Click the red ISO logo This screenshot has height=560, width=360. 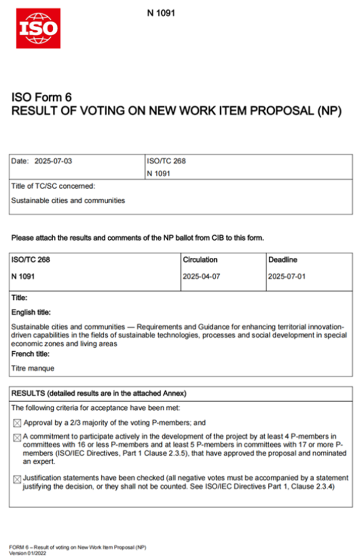[x=38, y=28]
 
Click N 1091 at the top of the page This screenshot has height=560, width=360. [x=161, y=13]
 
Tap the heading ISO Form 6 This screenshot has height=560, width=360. [x=41, y=97]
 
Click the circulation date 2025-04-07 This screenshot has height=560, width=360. [x=201, y=277]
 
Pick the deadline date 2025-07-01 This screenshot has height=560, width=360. [x=287, y=277]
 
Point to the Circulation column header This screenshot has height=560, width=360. [x=200, y=260]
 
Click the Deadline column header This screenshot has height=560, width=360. [x=283, y=260]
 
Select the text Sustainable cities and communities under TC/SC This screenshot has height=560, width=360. [x=68, y=200]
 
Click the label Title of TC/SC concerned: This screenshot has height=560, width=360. [x=53, y=186]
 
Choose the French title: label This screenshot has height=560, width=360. [x=30, y=354]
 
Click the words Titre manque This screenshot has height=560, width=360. [x=33, y=368]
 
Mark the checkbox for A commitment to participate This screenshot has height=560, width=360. [x=17, y=438]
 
